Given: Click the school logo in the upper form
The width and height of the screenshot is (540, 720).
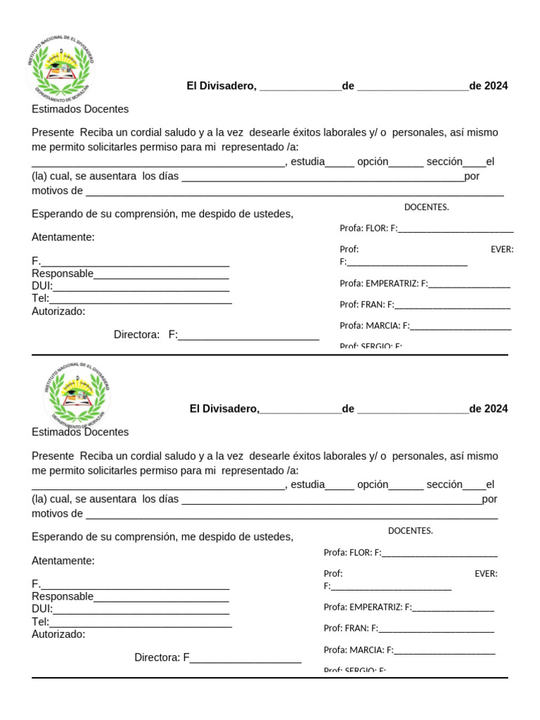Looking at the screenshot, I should [x=60, y=66].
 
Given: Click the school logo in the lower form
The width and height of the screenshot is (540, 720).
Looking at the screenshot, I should [x=77, y=394].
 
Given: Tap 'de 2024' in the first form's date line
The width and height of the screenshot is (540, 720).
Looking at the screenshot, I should [x=488, y=86].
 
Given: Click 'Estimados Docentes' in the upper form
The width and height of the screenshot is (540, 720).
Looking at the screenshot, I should [x=80, y=109].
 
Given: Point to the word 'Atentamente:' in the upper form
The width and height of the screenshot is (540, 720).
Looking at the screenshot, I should [x=63, y=237].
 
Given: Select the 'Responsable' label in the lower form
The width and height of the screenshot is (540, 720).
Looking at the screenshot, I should [x=63, y=596].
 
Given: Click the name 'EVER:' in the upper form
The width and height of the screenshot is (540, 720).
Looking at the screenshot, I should [x=501, y=249].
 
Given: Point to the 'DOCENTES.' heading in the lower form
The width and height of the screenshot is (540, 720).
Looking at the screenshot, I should [x=410, y=531].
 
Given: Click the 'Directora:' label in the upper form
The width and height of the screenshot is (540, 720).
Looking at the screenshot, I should [x=136, y=335].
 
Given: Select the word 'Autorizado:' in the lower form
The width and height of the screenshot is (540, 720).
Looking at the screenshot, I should [x=58, y=634].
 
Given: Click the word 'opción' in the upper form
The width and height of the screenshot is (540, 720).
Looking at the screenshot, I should [x=373, y=161].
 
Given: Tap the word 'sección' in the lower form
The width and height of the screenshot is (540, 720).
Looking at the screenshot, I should [x=444, y=484].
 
